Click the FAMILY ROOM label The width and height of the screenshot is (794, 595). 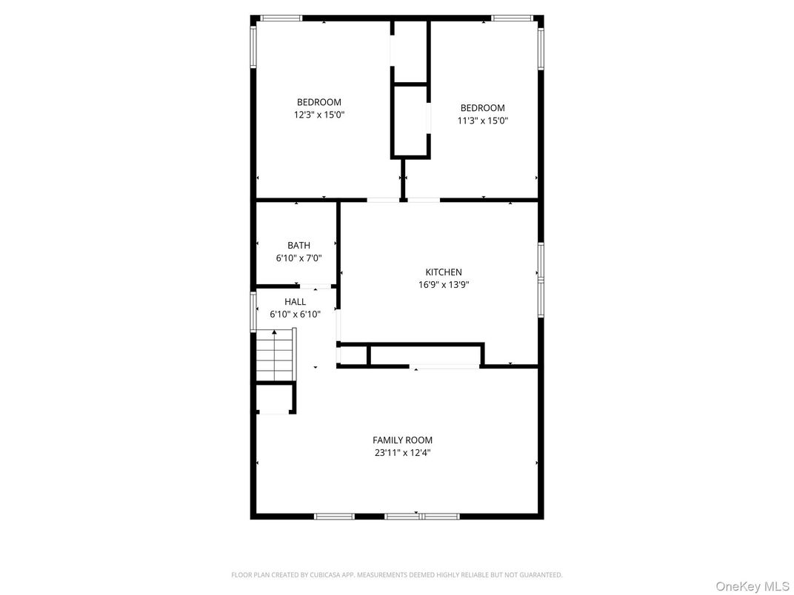tap(402, 440)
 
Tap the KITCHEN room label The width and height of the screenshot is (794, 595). tap(443, 272)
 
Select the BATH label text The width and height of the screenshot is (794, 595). tap(298, 246)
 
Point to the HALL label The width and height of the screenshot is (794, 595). tap(295, 302)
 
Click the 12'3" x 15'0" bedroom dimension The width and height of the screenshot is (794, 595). tap(319, 115)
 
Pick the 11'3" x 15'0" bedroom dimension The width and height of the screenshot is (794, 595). tap(482, 121)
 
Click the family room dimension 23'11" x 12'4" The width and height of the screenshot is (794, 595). tap(402, 453)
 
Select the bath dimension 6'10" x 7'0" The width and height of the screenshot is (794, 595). tap(298, 258)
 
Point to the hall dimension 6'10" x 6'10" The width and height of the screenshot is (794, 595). tap(295, 315)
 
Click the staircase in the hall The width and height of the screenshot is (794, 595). tap(276, 357)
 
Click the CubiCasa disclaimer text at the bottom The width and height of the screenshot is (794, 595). tap(396, 575)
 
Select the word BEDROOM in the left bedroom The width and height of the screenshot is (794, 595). tap(319, 102)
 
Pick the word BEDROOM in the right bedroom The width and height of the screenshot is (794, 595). tap(482, 108)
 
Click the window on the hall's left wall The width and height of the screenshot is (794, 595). tap(253, 311)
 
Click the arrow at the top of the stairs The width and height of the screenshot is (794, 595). tap(274, 332)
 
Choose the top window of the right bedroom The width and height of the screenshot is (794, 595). tap(513, 18)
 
